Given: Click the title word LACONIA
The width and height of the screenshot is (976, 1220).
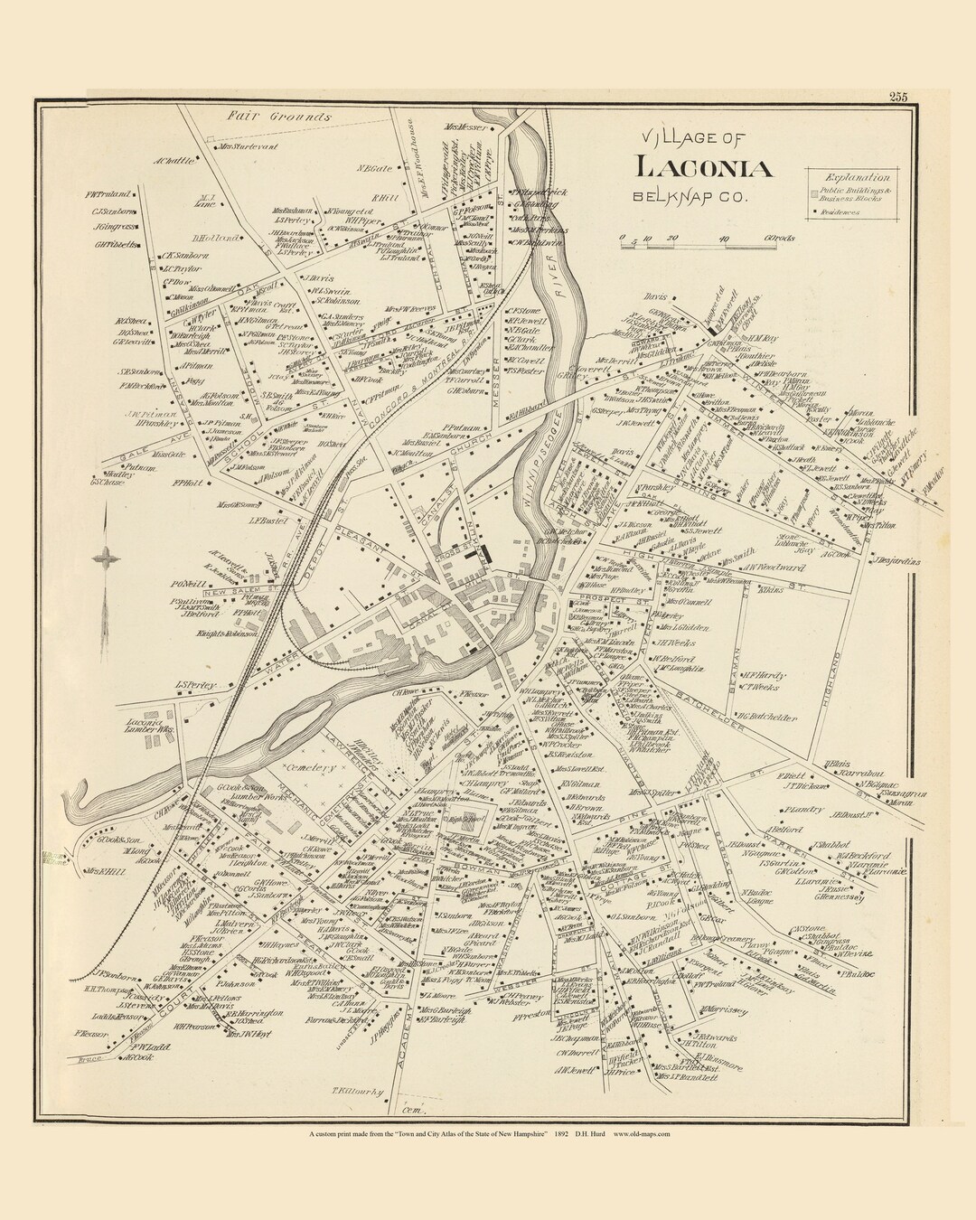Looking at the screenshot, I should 704,168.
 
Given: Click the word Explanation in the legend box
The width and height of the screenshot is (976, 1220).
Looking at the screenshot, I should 861,179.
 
